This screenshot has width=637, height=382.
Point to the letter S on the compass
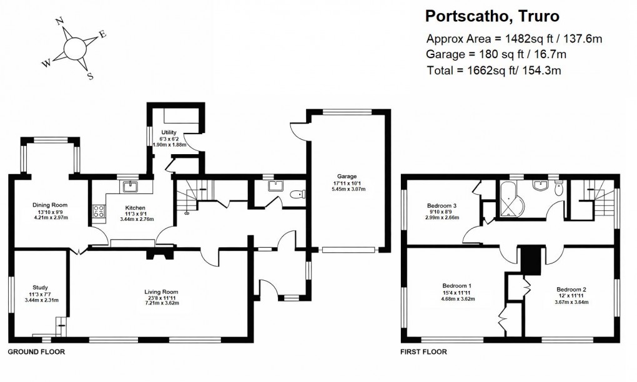(x=91, y=77)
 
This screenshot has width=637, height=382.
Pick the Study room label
(x=41, y=288)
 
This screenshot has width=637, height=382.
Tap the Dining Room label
(x=50, y=205)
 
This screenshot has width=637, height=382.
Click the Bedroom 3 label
(x=442, y=205)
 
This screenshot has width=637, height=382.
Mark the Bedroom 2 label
(x=571, y=290)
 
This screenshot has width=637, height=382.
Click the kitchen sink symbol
(x=132, y=185)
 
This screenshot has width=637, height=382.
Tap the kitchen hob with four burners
(x=99, y=211)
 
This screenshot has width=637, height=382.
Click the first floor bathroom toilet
(x=559, y=189)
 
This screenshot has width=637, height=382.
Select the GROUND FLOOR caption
(x=36, y=352)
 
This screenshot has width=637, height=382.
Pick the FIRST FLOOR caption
(x=423, y=352)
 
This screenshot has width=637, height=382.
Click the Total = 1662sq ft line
(x=493, y=71)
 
